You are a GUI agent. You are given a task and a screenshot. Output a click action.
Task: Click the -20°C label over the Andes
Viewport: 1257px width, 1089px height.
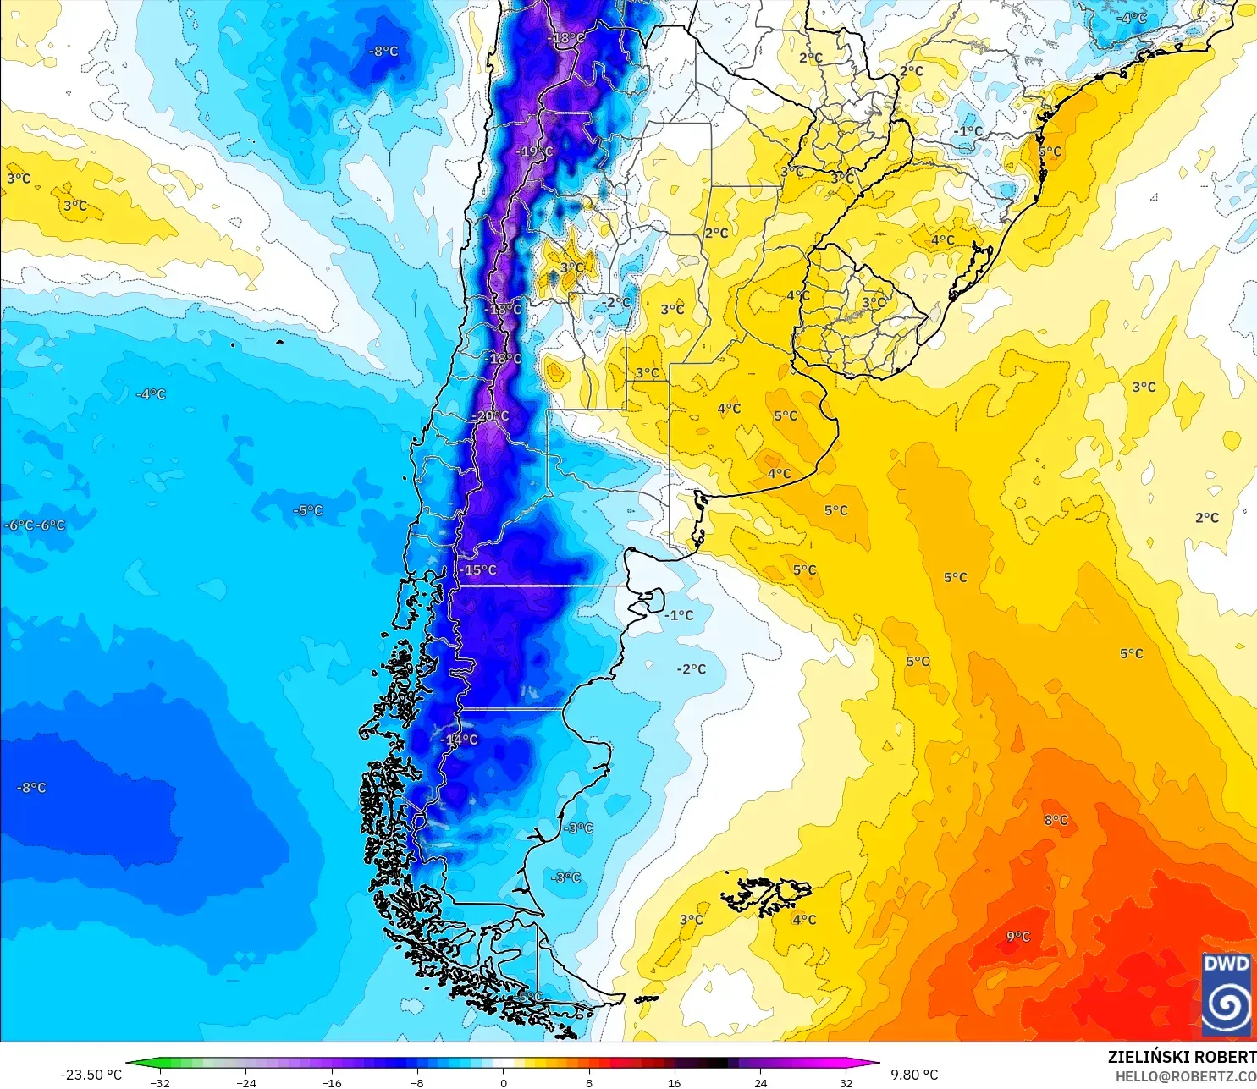[x=493, y=416]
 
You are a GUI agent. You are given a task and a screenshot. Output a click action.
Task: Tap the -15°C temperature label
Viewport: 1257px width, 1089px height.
[x=479, y=570]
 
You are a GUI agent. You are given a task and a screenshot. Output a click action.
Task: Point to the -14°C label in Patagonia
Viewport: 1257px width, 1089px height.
[x=460, y=740]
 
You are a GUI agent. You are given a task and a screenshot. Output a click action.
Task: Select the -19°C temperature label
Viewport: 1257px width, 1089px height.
[x=535, y=152]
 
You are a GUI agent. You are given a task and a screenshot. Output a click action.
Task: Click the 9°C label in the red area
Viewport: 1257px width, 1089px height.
[x=1018, y=937]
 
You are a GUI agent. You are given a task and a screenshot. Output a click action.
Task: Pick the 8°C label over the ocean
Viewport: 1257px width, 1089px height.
[x=1056, y=820]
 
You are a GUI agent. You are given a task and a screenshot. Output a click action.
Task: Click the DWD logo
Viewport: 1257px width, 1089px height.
[x=1226, y=994]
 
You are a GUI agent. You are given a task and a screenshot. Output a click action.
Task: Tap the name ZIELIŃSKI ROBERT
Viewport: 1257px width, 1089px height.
[x=1182, y=1057]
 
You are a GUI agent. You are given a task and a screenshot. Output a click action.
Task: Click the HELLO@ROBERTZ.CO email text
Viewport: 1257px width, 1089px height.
[x=1185, y=1076]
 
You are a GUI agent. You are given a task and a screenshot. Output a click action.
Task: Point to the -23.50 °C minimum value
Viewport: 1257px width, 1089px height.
[x=91, y=1075]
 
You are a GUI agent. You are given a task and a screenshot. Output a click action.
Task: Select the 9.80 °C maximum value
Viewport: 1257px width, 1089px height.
[x=914, y=1075]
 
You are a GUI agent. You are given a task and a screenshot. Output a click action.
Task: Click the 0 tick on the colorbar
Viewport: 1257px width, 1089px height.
[x=504, y=1082]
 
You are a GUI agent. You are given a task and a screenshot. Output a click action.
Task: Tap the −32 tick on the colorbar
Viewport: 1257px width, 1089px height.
[x=160, y=1082]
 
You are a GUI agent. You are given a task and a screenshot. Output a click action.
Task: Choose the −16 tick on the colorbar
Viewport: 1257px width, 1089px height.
[x=332, y=1082]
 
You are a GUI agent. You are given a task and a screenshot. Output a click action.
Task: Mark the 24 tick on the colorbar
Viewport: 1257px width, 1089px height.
[x=760, y=1082]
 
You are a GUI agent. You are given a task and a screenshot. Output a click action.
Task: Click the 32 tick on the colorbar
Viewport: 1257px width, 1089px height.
[x=846, y=1082]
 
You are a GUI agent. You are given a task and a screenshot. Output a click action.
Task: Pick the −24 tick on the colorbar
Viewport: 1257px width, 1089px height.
[x=245, y=1082]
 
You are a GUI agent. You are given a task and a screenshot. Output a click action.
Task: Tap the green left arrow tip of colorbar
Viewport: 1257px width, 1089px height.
[x=130, y=1064]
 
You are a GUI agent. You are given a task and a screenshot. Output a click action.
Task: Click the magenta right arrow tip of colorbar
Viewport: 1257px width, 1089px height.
[x=877, y=1064]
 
